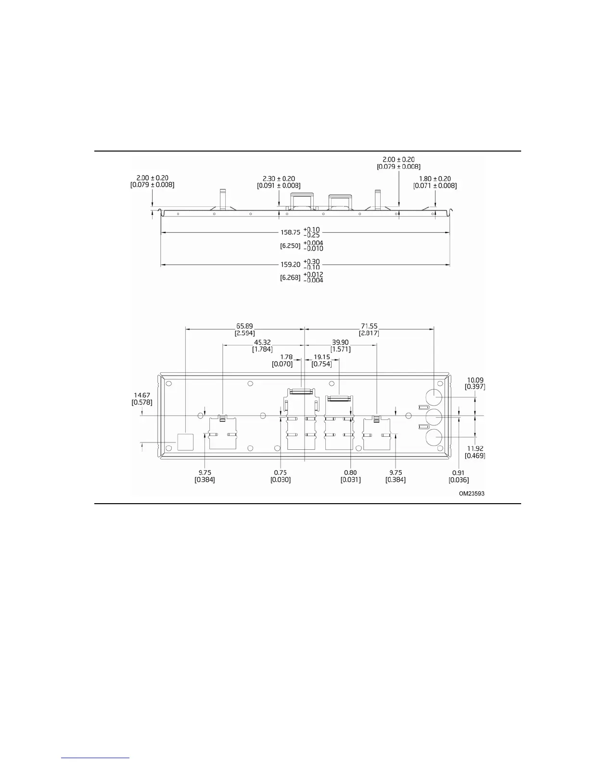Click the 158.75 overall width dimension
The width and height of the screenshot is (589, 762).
[x=290, y=232]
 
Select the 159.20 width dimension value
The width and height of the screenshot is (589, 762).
[x=290, y=265]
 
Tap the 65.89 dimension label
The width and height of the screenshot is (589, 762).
[x=244, y=326]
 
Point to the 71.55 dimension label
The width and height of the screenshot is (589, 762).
[x=368, y=326]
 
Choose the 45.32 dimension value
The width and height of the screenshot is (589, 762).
[x=262, y=343]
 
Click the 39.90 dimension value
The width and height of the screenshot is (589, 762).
[x=340, y=343]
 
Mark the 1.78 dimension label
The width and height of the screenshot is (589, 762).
[x=286, y=357]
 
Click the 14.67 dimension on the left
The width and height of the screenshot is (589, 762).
[x=141, y=395]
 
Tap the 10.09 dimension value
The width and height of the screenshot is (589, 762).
[x=475, y=380]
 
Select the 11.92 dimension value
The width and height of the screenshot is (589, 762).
[x=475, y=449]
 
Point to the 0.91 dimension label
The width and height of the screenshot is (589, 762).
[x=459, y=473]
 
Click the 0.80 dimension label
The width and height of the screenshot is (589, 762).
[x=350, y=473]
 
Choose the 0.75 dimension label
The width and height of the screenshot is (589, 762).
[x=281, y=473]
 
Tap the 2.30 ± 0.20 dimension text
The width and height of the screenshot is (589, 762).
[x=279, y=178]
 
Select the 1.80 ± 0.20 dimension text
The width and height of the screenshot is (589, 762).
[x=435, y=178]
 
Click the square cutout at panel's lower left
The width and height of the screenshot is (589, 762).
[x=185, y=442]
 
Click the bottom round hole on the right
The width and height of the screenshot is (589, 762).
[x=434, y=439]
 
